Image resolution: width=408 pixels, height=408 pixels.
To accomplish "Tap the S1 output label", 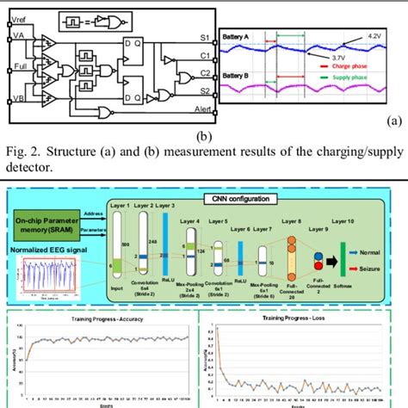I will point(202,39).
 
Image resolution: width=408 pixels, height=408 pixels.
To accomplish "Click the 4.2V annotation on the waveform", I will point(374,37).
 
